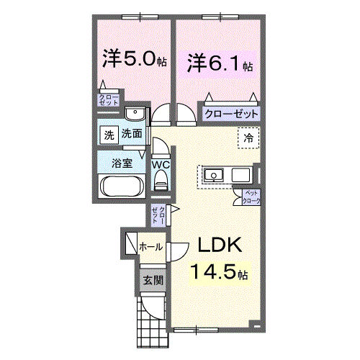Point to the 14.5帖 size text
point(220,273)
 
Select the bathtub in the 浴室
point(122,186)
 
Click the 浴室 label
point(122,163)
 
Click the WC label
point(161,165)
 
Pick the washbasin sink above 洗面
point(134,114)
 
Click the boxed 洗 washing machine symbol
point(108,134)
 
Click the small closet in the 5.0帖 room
point(109,100)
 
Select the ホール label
point(150,247)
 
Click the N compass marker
point(257,325)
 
